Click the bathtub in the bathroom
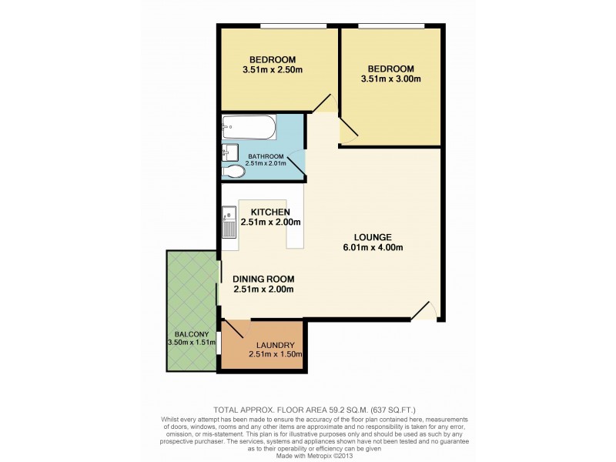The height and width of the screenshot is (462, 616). [249, 126]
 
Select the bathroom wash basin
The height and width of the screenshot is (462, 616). [229, 151]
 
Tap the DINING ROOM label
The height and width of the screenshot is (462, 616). [263, 279]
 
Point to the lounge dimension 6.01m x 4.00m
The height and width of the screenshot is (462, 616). [373, 247]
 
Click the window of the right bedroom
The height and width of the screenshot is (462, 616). [391, 28]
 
